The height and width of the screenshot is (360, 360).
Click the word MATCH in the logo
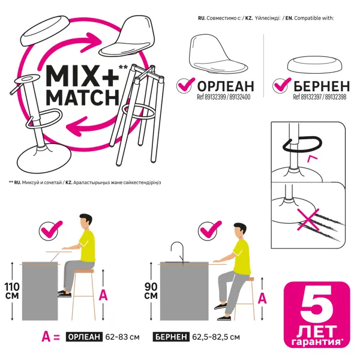(x=83, y=97)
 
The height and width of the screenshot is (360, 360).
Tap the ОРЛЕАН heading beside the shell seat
(x=226, y=86)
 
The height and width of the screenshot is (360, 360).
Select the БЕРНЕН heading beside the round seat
(x=322, y=86)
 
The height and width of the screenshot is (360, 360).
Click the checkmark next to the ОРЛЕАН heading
(x=185, y=85)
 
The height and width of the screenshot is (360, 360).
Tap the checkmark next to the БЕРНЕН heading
(x=281, y=85)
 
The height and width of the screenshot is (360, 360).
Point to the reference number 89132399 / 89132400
(x=224, y=97)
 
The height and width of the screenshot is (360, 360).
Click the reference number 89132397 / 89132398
(x=320, y=97)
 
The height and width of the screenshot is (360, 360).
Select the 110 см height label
(x=12, y=290)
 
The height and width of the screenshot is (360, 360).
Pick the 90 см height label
(x=151, y=290)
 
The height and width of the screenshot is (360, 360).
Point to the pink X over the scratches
(x=308, y=219)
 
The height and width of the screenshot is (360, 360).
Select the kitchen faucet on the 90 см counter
(x=178, y=252)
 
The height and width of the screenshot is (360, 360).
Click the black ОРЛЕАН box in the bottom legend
(x=84, y=337)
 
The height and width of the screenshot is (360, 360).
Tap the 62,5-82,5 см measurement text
(x=216, y=337)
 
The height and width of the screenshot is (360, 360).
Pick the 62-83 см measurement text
(x=122, y=337)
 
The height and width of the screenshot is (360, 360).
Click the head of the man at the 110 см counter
(x=85, y=221)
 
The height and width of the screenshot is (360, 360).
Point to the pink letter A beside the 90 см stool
(x=262, y=298)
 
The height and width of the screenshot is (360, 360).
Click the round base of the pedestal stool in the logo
(x=44, y=159)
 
